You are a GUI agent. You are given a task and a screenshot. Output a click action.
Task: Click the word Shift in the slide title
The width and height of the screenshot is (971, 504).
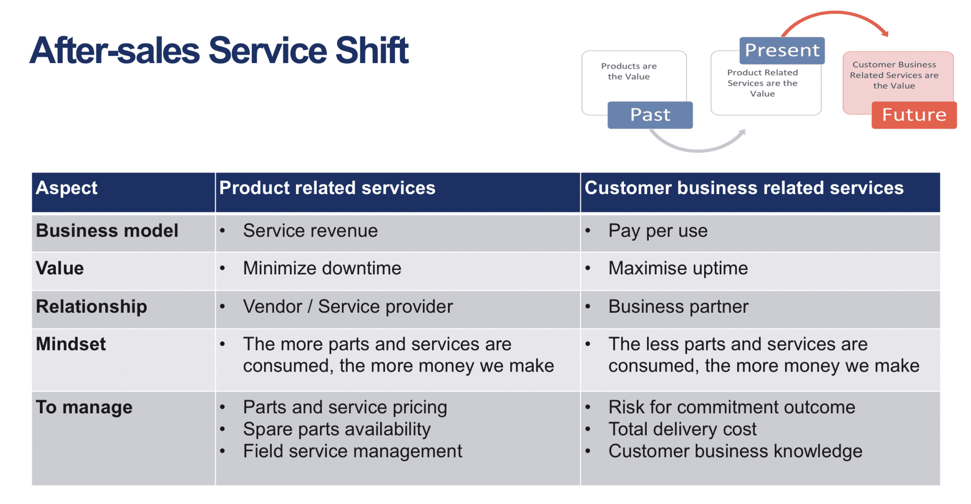click(x=372, y=50)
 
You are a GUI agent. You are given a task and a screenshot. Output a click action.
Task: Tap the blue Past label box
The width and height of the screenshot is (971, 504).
click(x=650, y=115)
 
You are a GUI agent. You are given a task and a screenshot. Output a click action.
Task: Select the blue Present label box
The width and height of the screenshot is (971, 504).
click(x=782, y=50)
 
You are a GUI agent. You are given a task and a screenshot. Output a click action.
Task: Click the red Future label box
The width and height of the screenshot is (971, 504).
click(x=914, y=115)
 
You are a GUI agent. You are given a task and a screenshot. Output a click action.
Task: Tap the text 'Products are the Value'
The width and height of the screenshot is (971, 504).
click(x=629, y=71)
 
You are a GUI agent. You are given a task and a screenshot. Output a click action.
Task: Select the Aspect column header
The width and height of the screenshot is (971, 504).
click(x=66, y=188)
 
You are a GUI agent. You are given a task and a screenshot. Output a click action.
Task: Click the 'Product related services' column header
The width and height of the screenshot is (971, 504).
click(x=327, y=188)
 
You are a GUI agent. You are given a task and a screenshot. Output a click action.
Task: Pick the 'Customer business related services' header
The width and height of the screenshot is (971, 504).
click(x=744, y=188)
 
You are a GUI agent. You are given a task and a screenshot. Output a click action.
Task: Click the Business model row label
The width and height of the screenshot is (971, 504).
click(x=107, y=231)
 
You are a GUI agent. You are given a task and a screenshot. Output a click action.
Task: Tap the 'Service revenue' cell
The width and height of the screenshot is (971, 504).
click(x=310, y=231)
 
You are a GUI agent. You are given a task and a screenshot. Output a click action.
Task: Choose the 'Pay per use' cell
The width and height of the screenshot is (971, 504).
click(x=658, y=231)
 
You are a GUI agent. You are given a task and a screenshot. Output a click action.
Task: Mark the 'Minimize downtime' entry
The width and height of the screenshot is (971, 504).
click(x=322, y=268)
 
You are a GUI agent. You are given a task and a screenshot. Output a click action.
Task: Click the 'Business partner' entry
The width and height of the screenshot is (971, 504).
click(x=678, y=307)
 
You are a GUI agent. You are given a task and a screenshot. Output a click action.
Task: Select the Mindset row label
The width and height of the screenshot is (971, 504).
click(x=71, y=344)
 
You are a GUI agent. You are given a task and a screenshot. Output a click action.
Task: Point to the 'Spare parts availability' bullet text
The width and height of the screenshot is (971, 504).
click(x=337, y=429)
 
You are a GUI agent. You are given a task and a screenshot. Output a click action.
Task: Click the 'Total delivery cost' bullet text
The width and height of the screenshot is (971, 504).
click(x=682, y=429)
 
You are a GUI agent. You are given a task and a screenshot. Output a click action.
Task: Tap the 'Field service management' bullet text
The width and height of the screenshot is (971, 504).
click(x=352, y=451)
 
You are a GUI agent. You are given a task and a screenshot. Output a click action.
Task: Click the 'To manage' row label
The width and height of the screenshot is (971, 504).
click(x=84, y=407)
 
